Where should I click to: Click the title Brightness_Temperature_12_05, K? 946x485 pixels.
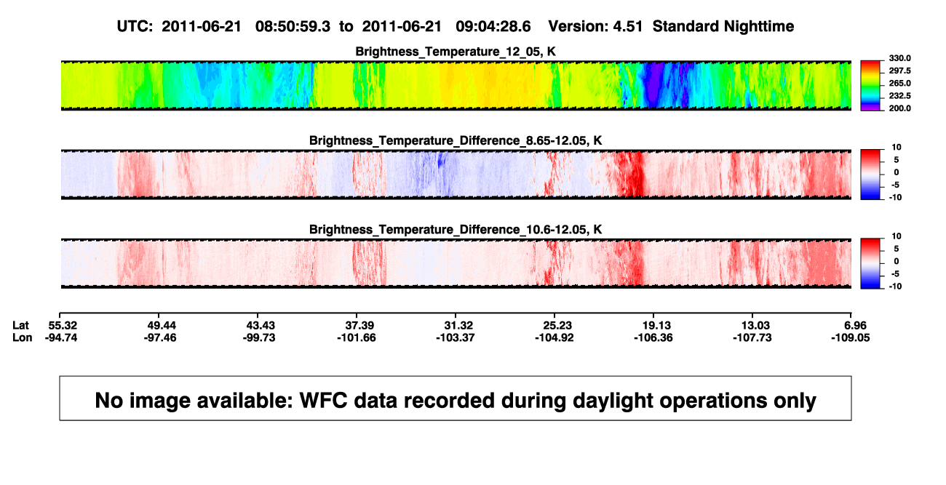coord(456,52)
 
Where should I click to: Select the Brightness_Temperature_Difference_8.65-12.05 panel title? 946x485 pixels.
coord(456,140)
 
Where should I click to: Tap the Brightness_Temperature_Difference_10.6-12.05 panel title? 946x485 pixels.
coord(456,230)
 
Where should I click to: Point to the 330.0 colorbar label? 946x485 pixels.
coord(899,58)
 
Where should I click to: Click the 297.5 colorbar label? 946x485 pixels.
coord(899,71)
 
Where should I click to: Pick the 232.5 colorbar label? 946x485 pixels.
coord(899,96)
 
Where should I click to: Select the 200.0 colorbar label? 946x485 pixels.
coord(899,108)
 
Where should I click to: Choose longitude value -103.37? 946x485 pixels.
coord(456,338)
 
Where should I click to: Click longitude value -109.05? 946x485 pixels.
coord(850,338)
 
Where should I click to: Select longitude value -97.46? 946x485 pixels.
coord(159,338)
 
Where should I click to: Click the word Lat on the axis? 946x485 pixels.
coord(20,326)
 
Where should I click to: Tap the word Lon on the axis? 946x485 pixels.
coord(23,338)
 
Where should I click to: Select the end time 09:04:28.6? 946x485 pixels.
coord(493,27)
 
